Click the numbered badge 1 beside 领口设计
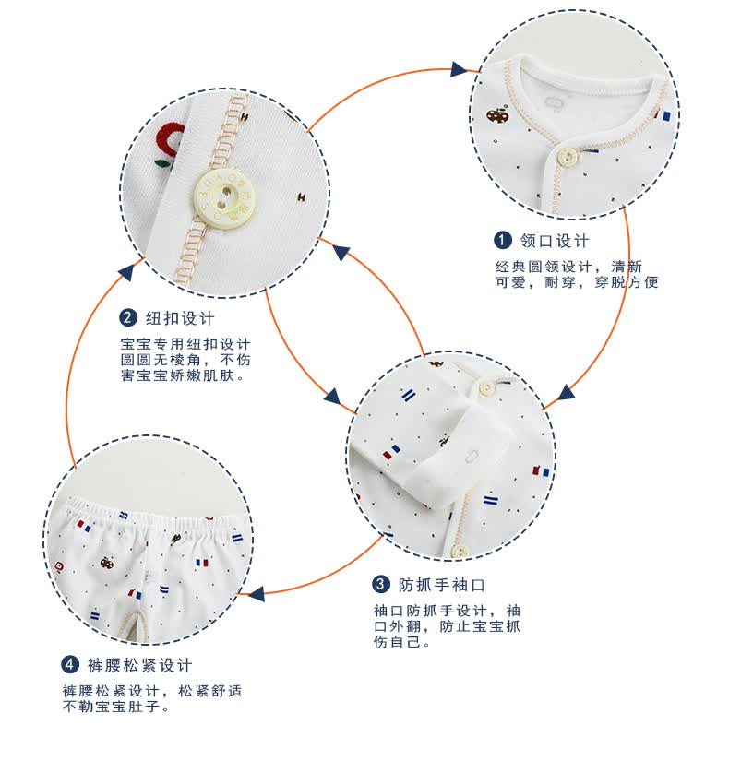click(x=503, y=242)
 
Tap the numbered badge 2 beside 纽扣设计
click(x=128, y=318)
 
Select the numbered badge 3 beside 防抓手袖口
click(x=381, y=585)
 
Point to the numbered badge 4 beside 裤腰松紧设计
click(x=70, y=665)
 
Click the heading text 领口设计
click(x=555, y=242)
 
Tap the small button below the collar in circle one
click(x=568, y=157)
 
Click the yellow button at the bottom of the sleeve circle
click(x=459, y=551)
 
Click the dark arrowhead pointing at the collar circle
click(x=460, y=69)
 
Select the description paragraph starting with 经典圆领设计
click(x=577, y=275)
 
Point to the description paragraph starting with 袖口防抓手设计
click(x=447, y=625)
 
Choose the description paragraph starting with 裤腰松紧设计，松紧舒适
click(x=152, y=698)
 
